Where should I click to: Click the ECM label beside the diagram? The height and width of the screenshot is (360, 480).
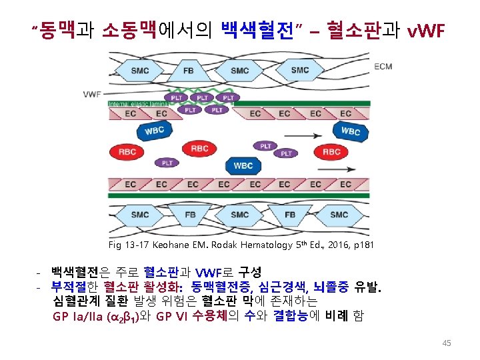(383, 67)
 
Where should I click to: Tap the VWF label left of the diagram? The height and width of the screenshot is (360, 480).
(93, 94)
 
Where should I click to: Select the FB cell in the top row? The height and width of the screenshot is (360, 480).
(189, 70)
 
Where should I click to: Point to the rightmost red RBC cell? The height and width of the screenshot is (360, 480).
(331, 152)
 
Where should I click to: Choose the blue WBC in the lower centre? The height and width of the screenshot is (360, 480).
(243, 165)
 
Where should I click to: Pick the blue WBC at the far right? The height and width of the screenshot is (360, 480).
(350, 132)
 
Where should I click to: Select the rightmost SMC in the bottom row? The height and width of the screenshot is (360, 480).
(339, 215)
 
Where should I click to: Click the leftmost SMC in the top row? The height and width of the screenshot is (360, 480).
(140, 70)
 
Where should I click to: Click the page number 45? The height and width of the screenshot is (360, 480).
(447, 343)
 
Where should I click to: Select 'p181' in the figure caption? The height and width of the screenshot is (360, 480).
(361, 245)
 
